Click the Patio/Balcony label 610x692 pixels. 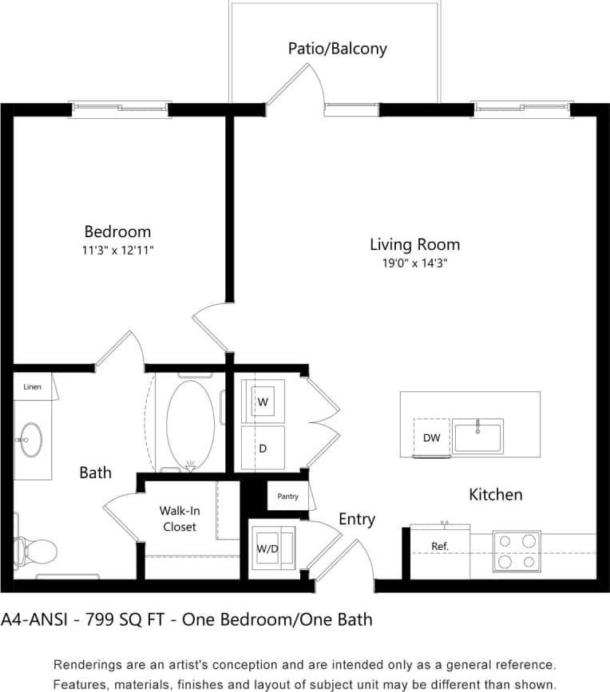[x=337, y=49]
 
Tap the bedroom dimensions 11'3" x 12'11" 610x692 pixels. [x=117, y=250]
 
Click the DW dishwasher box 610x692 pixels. [x=431, y=437]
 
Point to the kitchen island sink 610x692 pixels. [x=477, y=436]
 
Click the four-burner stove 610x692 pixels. [x=517, y=552]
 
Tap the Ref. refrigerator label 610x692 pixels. [x=440, y=547]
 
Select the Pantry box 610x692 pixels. [x=287, y=496]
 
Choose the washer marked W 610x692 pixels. [x=263, y=403]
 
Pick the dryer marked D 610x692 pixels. [x=262, y=449]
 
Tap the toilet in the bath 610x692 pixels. [x=35, y=551]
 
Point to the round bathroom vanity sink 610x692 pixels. [x=32, y=439]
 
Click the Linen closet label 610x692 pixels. [x=32, y=386]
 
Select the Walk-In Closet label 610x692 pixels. [x=179, y=518]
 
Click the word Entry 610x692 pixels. [x=356, y=520]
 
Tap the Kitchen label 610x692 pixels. [x=495, y=495]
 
